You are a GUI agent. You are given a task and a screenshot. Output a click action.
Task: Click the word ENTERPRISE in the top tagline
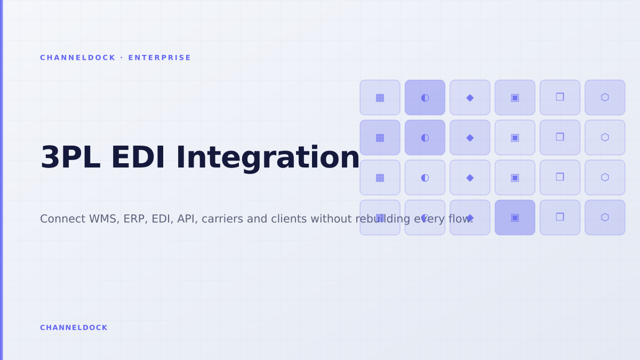159,58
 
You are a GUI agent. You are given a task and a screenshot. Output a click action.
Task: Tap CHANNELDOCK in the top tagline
78,58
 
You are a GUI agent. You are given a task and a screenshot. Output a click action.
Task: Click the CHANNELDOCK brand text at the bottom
74,327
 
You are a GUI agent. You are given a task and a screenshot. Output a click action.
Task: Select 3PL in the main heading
70,157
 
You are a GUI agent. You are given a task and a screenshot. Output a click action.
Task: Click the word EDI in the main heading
138,157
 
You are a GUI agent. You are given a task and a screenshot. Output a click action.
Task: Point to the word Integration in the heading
267,159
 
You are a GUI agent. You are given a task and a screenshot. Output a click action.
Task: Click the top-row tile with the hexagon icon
605,98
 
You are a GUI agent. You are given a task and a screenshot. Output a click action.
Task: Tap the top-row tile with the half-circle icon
425,98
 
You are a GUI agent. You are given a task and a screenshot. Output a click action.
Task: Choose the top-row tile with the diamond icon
470,98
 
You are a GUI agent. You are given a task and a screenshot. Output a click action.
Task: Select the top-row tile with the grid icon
380,98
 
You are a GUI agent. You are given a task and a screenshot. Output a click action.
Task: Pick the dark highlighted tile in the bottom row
515,218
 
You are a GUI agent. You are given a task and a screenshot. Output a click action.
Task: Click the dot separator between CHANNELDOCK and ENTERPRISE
122,58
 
